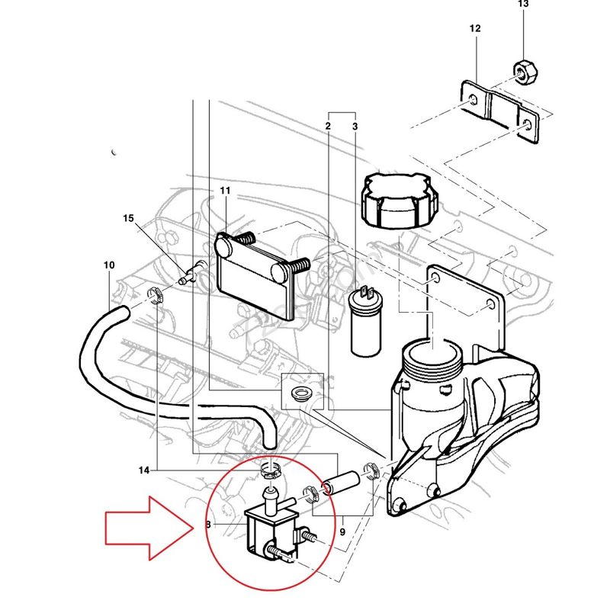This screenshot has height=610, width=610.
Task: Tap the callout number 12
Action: tap(475, 29)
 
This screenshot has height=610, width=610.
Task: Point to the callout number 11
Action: tap(225, 190)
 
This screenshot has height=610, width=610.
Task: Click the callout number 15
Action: tap(128, 219)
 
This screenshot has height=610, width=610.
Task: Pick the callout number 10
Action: tap(108, 265)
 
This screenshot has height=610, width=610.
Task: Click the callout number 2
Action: tap(328, 124)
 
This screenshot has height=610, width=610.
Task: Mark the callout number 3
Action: tap(355, 124)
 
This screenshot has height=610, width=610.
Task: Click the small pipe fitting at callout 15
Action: tap(193, 273)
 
